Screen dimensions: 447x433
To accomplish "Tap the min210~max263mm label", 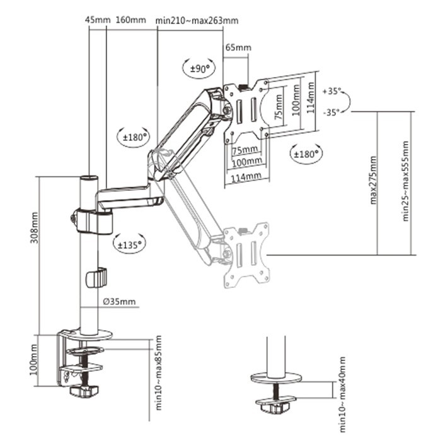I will (197, 20).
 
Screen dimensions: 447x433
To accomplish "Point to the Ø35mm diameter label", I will (119, 301).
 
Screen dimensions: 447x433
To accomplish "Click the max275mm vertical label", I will (372, 181).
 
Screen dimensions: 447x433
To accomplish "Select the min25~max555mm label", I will (407, 181).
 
